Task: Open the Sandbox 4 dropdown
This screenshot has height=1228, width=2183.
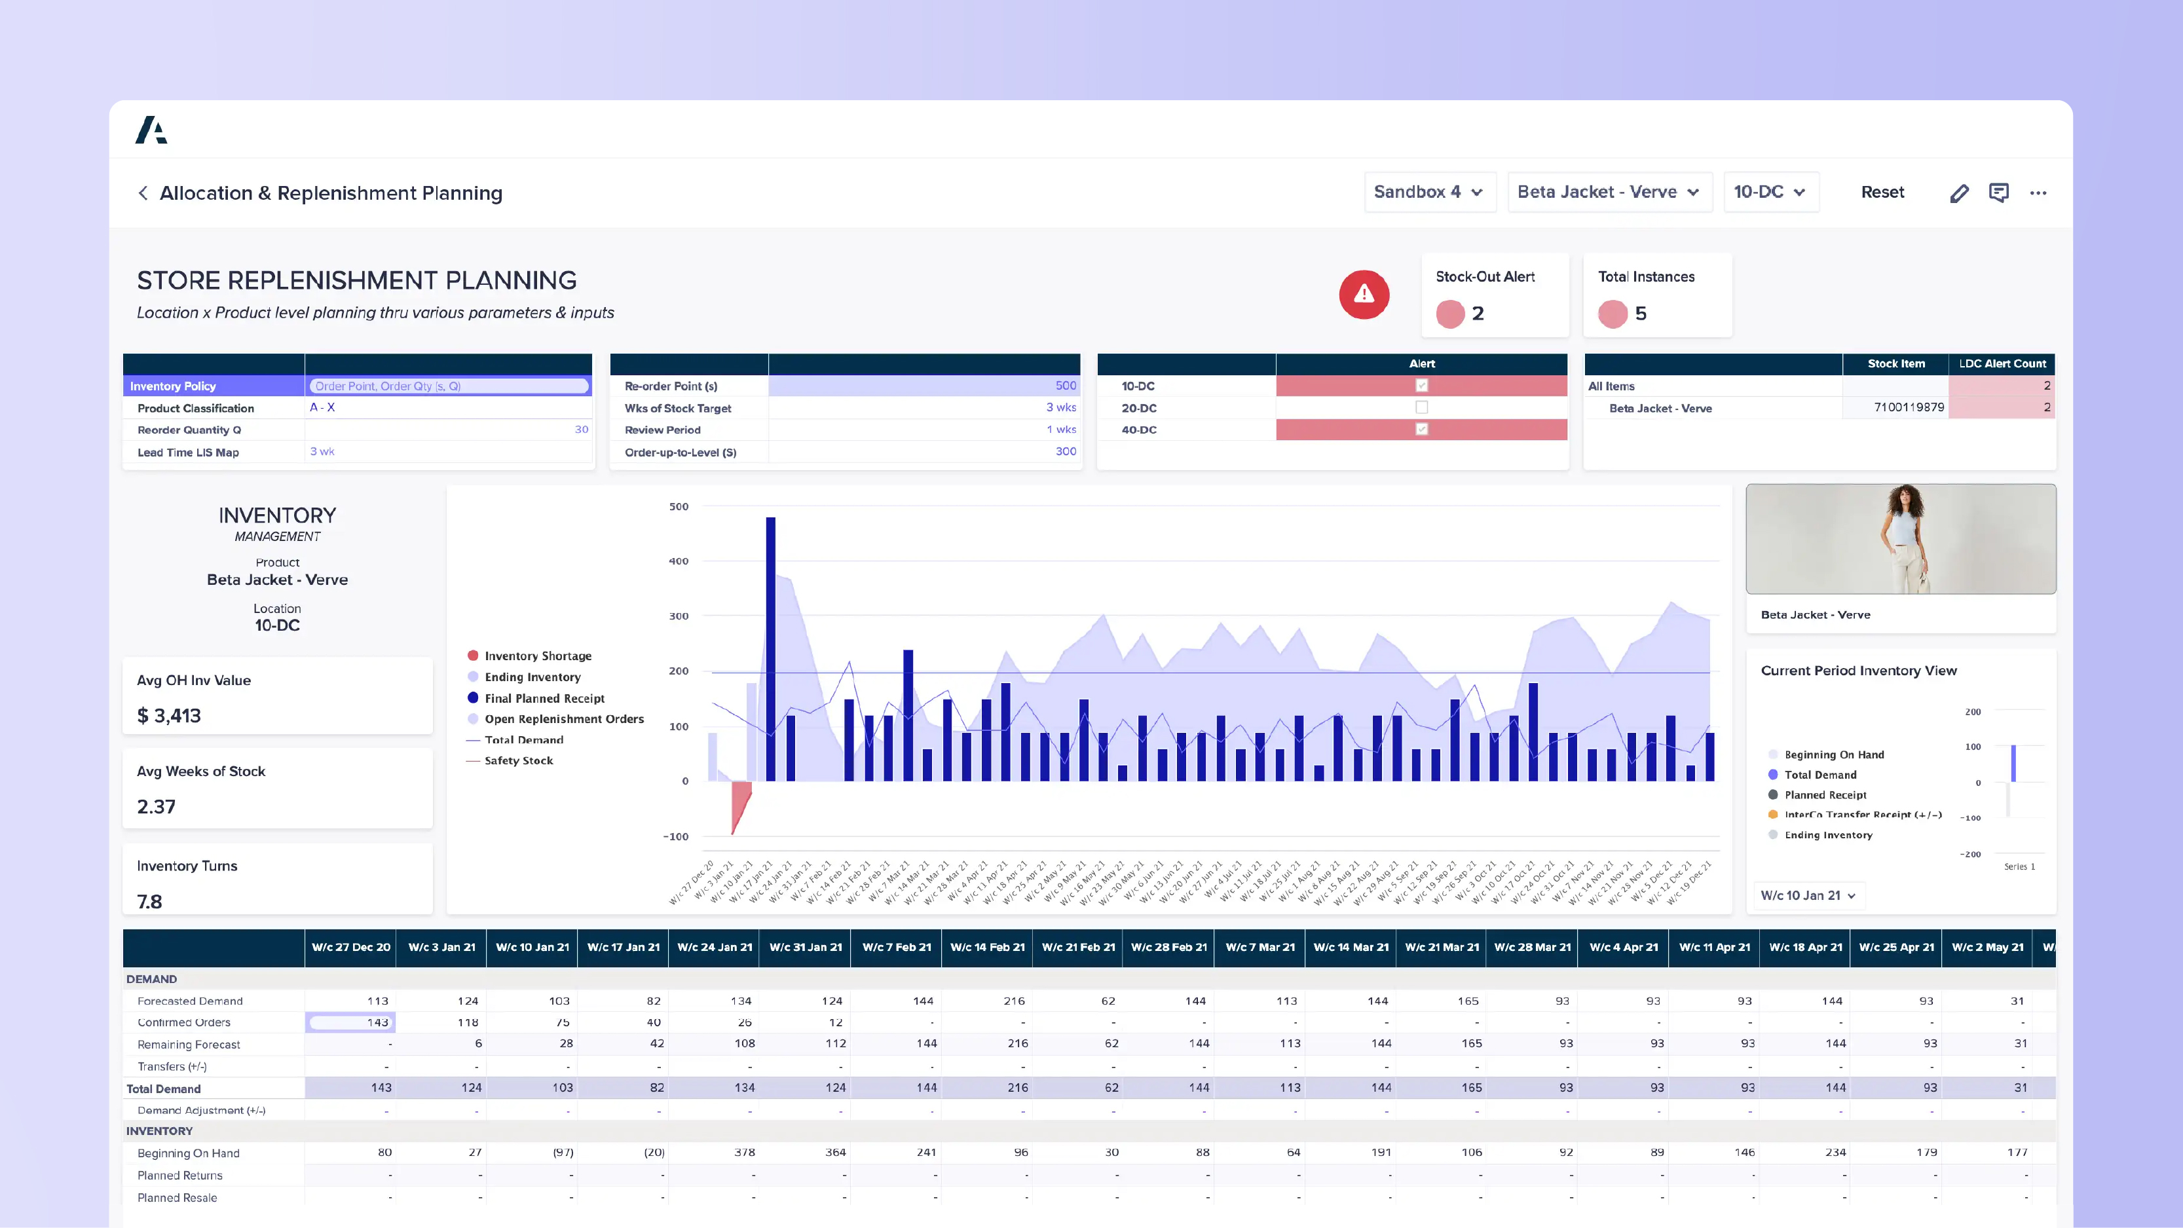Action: point(1428,193)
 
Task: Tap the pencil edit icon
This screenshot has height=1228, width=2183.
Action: point(1958,193)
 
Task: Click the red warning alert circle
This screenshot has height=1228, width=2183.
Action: point(1364,294)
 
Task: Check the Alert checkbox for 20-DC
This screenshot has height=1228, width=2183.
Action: point(1421,407)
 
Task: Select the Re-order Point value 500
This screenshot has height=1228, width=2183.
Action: point(1065,386)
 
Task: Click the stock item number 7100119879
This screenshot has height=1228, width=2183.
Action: point(1909,407)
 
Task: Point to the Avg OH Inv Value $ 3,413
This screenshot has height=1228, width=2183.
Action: point(170,716)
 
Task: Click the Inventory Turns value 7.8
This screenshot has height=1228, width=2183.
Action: point(150,902)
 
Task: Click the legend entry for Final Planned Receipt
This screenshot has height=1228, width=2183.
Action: point(544,698)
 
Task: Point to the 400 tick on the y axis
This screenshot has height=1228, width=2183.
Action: point(679,561)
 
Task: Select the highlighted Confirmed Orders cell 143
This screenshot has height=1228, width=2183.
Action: point(351,1023)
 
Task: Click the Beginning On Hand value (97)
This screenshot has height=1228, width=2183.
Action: point(563,1153)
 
